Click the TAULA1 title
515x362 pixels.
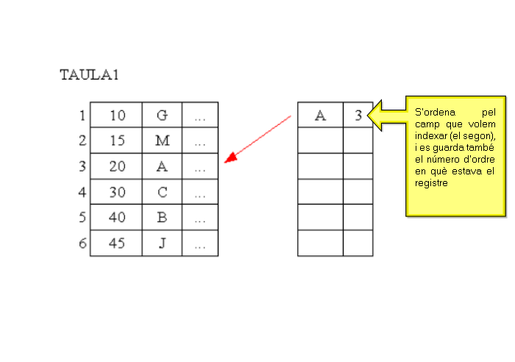(89, 74)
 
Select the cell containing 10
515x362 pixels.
(117, 116)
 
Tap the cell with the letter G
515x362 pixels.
(163, 116)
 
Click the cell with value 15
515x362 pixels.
(117, 141)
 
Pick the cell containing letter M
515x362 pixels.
(163, 141)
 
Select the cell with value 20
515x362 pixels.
(117, 166)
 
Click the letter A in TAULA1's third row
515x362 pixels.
(163, 166)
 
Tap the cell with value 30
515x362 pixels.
(117, 192)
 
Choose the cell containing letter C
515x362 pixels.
(163, 192)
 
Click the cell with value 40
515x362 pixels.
(117, 218)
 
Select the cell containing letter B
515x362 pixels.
(163, 218)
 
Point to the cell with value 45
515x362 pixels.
(117, 244)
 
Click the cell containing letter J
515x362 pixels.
(163, 244)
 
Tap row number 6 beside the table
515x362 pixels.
(82, 244)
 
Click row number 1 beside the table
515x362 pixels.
(82, 116)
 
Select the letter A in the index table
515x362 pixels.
(320, 116)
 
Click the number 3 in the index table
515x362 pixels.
(358, 116)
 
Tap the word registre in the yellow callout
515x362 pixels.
(432, 183)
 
